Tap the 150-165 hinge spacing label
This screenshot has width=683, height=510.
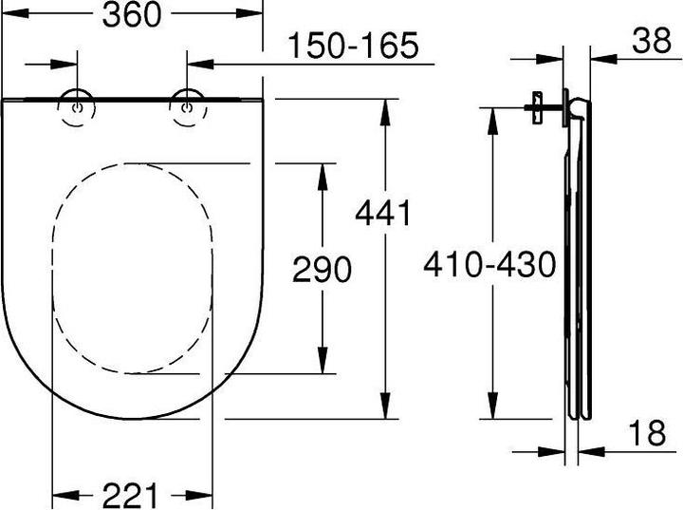pos(352,45)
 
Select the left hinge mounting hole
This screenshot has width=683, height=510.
pos(75,107)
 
